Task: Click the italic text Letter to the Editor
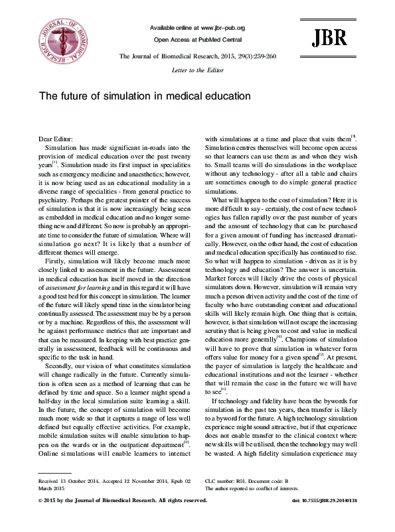click(198, 70)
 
